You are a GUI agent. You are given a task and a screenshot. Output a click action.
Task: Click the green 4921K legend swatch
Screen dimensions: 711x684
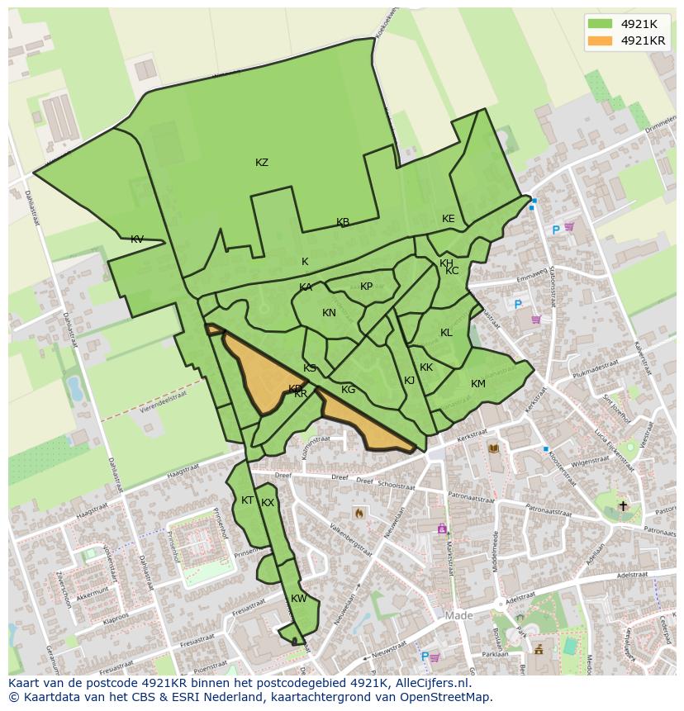tap(601, 24)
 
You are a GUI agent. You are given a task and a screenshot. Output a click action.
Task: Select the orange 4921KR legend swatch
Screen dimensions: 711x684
tap(601, 40)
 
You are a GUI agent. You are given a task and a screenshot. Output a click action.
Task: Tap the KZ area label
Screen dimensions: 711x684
tap(262, 163)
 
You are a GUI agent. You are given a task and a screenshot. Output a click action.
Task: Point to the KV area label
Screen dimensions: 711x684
tap(137, 239)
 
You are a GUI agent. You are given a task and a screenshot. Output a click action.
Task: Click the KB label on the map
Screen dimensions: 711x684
tap(343, 222)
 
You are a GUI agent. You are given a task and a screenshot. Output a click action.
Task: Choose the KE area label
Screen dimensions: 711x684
tap(449, 219)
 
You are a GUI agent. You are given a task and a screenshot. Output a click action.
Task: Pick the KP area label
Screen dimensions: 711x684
tap(367, 287)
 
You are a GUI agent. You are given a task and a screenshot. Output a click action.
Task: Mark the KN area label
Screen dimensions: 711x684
tap(329, 313)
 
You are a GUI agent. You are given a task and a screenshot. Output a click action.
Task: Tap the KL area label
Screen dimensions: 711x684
tap(446, 333)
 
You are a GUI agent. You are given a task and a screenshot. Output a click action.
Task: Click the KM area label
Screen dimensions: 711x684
tap(478, 384)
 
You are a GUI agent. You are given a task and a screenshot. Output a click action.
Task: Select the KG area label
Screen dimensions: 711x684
tap(349, 390)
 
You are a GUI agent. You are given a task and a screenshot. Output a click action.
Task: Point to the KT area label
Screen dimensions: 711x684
tap(247, 500)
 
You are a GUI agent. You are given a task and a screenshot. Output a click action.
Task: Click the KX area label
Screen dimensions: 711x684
tap(268, 503)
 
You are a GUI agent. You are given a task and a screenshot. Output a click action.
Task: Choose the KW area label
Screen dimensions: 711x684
tap(299, 599)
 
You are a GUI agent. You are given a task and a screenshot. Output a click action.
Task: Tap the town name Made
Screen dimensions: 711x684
tap(459, 616)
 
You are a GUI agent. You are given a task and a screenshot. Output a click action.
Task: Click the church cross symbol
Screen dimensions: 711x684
tap(623, 505)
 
